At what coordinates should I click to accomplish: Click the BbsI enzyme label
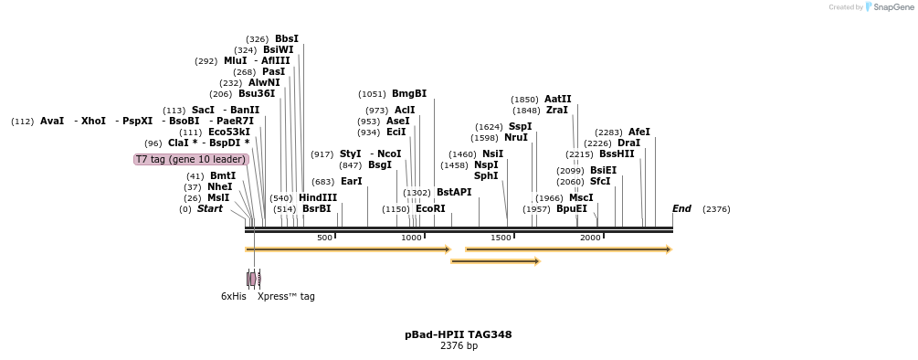(286, 39)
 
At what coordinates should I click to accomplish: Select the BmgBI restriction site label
(408, 94)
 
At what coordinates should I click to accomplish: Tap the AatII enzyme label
(557, 100)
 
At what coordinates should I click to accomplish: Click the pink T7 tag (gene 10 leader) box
(191, 159)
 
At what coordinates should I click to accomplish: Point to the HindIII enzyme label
(317, 197)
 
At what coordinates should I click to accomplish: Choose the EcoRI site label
(430, 209)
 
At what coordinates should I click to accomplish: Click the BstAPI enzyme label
(453, 193)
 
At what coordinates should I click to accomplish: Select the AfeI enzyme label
(638, 132)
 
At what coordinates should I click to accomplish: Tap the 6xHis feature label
(233, 296)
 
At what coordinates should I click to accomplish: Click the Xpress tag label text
(286, 296)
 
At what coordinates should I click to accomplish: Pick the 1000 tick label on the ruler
(411, 238)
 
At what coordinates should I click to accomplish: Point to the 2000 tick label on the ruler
(590, 238)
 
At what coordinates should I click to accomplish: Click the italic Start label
(209, 209)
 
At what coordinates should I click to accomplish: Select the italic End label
(681, 209)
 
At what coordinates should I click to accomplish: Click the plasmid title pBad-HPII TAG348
(458, 334)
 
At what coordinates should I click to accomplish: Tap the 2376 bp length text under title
(458, 346)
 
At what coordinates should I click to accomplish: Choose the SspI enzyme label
(520, 127)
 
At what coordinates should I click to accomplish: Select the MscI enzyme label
(581, 197)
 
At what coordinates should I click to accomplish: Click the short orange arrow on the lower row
(495, 261)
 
